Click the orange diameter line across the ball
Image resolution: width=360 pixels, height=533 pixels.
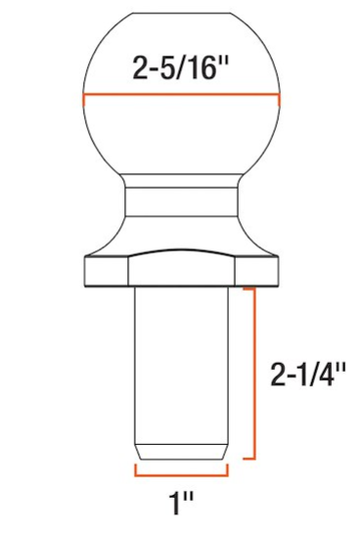click(x=183, y=97)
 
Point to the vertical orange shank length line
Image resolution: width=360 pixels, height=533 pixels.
click(x=255, y=373)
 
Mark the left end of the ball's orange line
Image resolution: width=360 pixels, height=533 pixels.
click(x=85, y=95)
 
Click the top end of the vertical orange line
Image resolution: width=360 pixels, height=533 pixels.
click(x=255, y=289)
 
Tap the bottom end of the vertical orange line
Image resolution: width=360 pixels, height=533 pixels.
click(x=255, y=457)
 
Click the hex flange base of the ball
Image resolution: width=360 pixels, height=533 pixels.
click(x=183, y=266)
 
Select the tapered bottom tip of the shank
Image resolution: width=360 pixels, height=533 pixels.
click(x=182, y=451)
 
